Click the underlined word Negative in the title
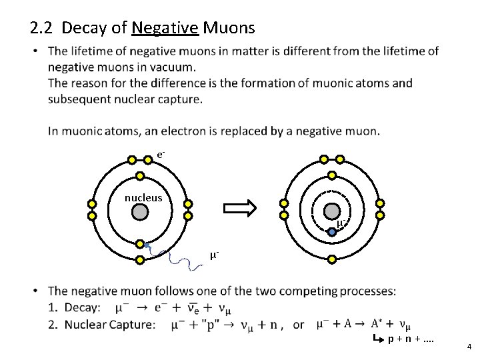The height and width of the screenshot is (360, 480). point(165,28)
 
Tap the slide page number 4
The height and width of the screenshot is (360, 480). point(469,347)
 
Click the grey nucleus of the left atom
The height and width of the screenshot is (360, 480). point(139,212)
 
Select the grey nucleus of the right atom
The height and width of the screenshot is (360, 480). point(331,211)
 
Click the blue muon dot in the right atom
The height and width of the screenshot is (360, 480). point(332,232)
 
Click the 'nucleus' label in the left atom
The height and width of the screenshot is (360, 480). point(143,197)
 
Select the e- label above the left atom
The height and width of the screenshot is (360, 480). point(161,155)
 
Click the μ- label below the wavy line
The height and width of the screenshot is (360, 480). point(215,255)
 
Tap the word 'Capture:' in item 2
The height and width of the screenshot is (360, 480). point(133,325)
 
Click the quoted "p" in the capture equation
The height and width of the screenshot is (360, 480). point(201,325)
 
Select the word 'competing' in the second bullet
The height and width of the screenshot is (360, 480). point(309,291)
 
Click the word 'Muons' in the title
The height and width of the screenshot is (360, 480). point(229,28)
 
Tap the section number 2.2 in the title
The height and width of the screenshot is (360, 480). point(42,28)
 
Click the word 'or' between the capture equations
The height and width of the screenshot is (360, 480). point(298,325)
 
